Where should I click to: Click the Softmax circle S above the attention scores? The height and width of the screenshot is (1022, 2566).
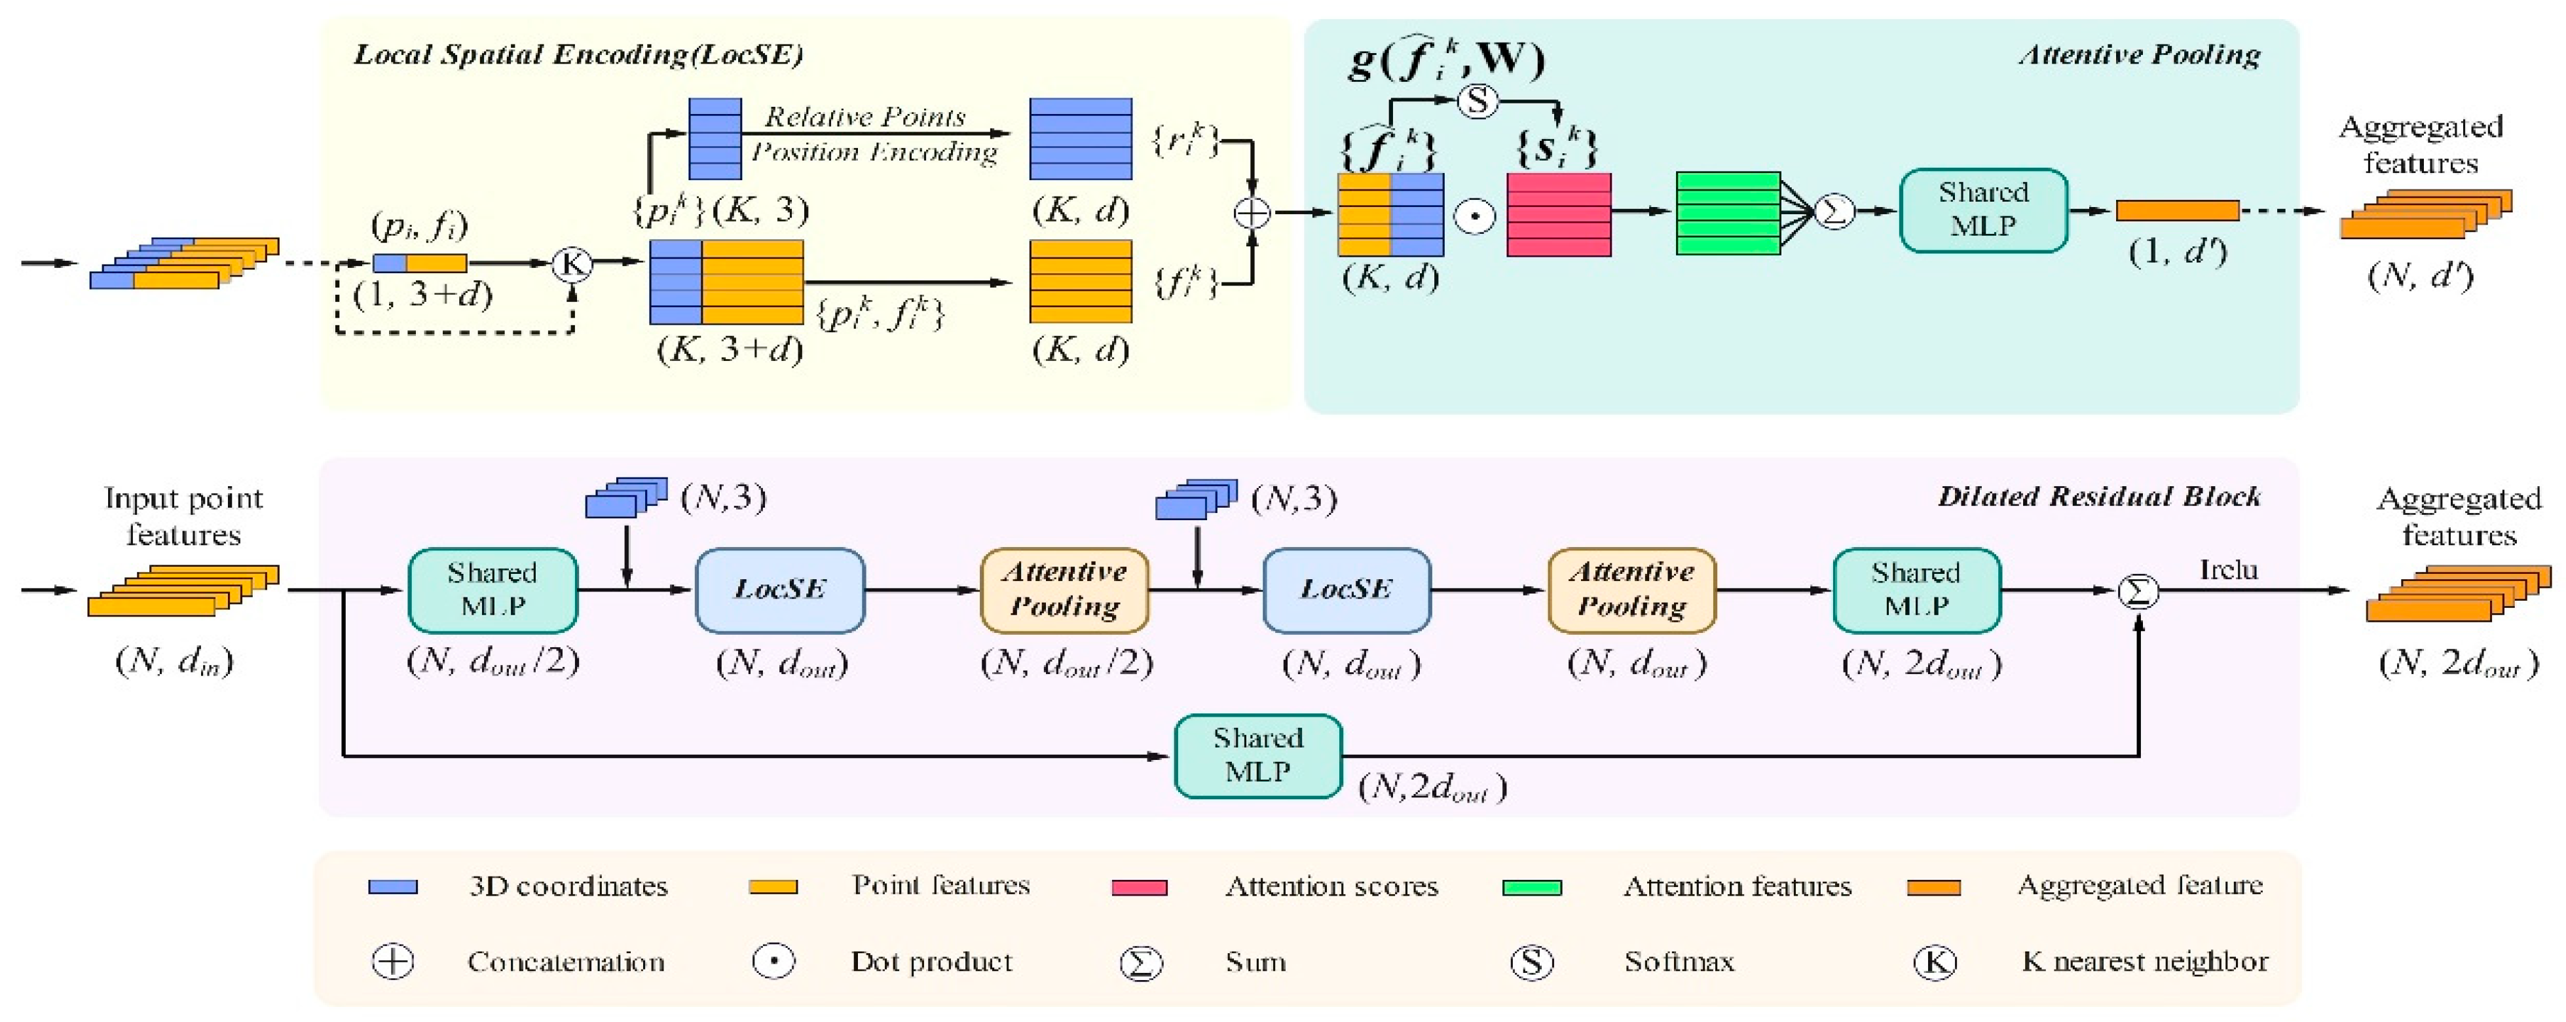coord(1478,101)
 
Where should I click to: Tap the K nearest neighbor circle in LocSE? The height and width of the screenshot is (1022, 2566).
coord(572,264)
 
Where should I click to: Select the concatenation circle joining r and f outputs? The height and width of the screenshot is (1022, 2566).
coord(1252,212)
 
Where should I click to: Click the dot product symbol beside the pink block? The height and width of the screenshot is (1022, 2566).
coord(1474,215)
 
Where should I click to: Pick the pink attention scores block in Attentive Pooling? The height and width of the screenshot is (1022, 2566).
coord(1558,214)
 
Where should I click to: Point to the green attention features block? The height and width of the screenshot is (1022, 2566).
coord(1727,212)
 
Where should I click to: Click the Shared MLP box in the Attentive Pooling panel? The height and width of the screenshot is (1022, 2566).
coord(1982,210)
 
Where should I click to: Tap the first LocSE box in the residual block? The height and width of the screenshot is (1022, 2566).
coord(779,590)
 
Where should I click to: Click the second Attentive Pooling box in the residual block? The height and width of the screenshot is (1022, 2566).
coord(1631,590)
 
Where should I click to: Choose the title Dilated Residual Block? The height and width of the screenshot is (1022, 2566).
coord(2098,496)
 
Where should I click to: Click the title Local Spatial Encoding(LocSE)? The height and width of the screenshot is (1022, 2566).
coord(578,55)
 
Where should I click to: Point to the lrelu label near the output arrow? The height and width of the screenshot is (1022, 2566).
coord(2227,570)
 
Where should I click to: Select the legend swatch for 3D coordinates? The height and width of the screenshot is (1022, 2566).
coord(392,886)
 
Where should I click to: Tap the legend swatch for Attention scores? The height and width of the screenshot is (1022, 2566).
coord(1138,886)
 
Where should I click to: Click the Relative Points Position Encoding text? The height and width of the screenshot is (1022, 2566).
coord(872,134)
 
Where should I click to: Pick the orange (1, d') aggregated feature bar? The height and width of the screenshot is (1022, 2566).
coord(2176,210)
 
